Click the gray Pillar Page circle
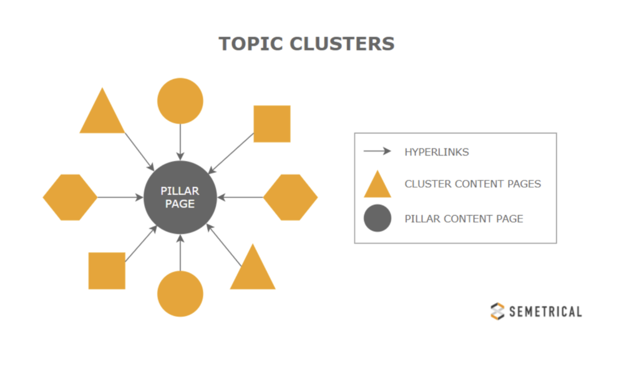click(180, 197)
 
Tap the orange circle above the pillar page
click(180, 101)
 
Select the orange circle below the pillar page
click(180, 294)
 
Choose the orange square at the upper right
click(271, 124)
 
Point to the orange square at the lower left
click(107, 270)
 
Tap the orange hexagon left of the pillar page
click(70, 197)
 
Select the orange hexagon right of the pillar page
click(290, 197)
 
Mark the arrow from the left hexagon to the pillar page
click(120, 197)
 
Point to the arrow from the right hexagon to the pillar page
click(240, 197)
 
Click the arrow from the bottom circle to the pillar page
click(180, 253)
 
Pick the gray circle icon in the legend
click(377, 219)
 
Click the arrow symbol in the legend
click(377, 151)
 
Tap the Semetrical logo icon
click(497, 311)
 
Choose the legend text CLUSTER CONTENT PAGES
click(472, 184)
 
